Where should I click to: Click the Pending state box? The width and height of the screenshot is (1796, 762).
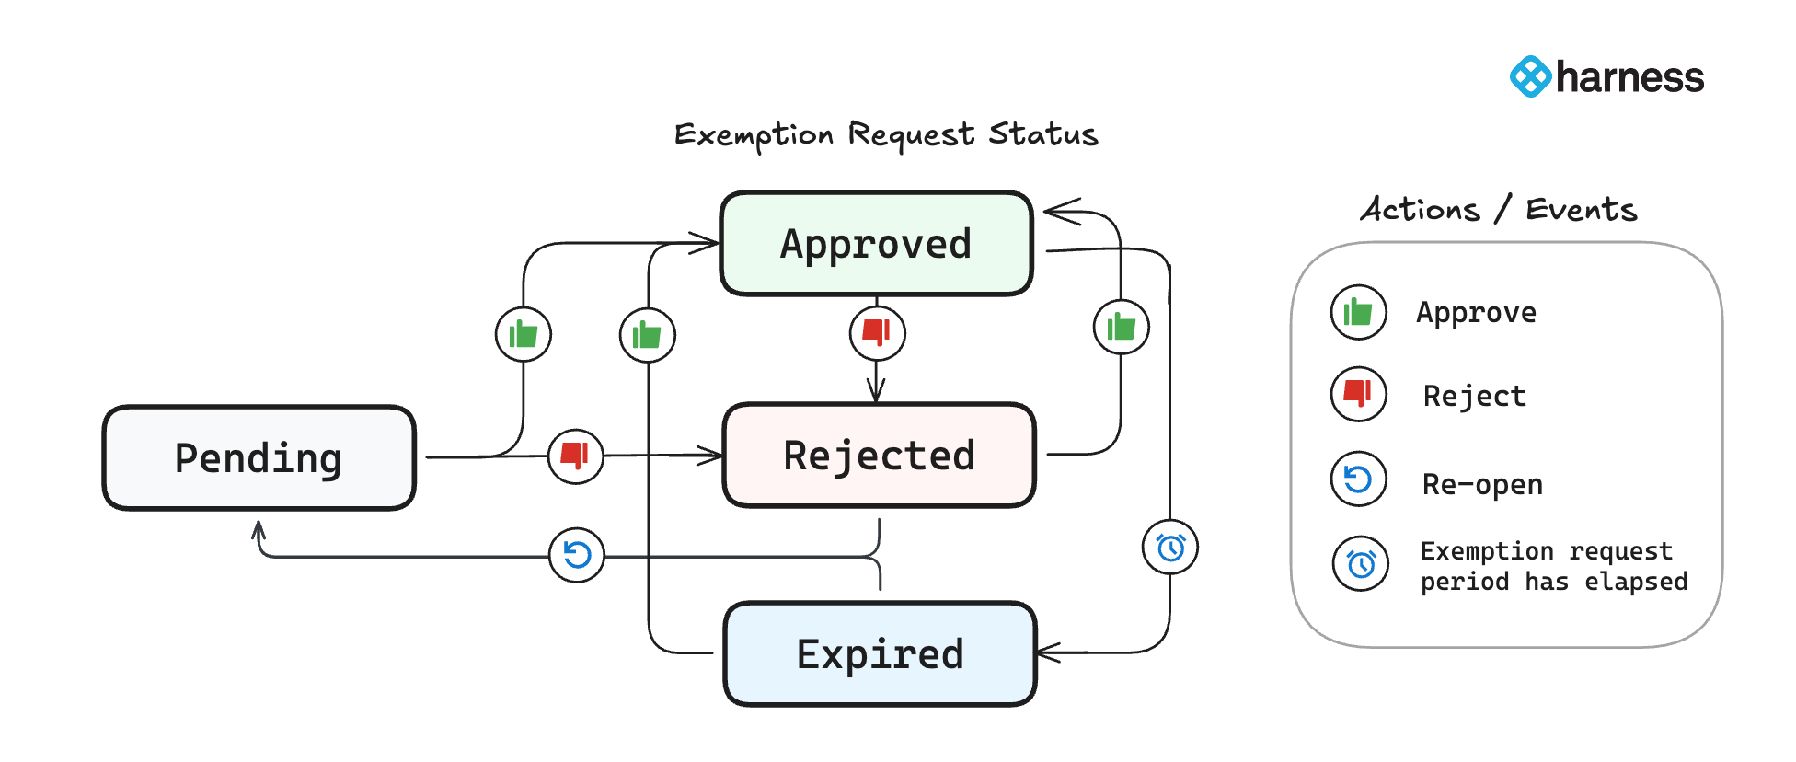[x=259, y=457]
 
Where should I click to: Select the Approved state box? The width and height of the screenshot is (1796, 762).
[x=876, y=244]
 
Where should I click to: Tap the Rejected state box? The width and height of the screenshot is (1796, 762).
[x=879, y=456]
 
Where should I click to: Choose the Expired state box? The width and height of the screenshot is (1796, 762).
[x=880, y=654]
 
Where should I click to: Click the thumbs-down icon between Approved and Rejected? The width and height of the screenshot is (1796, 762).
[x=877, y=332]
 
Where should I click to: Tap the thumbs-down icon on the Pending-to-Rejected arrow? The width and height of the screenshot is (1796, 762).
[x=575, y=456]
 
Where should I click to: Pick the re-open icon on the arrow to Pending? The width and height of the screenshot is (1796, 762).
[x=577, y=555]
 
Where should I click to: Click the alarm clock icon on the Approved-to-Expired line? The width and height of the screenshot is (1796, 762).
[x=1169, y=548]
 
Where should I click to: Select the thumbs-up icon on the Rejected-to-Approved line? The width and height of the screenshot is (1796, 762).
[x=1121, y=327]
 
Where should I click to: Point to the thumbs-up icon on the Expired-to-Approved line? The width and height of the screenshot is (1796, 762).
[x=647, y=335]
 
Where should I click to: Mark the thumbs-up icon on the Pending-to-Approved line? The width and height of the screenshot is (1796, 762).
[x=523, y=334]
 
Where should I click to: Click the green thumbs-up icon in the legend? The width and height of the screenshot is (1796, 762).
[x=1358, y=313]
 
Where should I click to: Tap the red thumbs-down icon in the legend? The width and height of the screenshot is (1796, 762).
[x=1358, y=394]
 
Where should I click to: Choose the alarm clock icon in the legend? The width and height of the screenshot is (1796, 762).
[x=1360, y=563]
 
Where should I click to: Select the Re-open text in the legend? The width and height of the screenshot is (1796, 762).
[x=1481, y=484]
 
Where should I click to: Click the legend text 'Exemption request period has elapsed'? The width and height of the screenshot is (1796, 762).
[x=1553, y=566]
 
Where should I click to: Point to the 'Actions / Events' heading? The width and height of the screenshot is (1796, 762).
[x=1498, y=210]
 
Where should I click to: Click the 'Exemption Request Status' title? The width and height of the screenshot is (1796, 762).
[x=885, y=135]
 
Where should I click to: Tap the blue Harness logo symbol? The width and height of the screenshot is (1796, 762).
[x=1530, y=76]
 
